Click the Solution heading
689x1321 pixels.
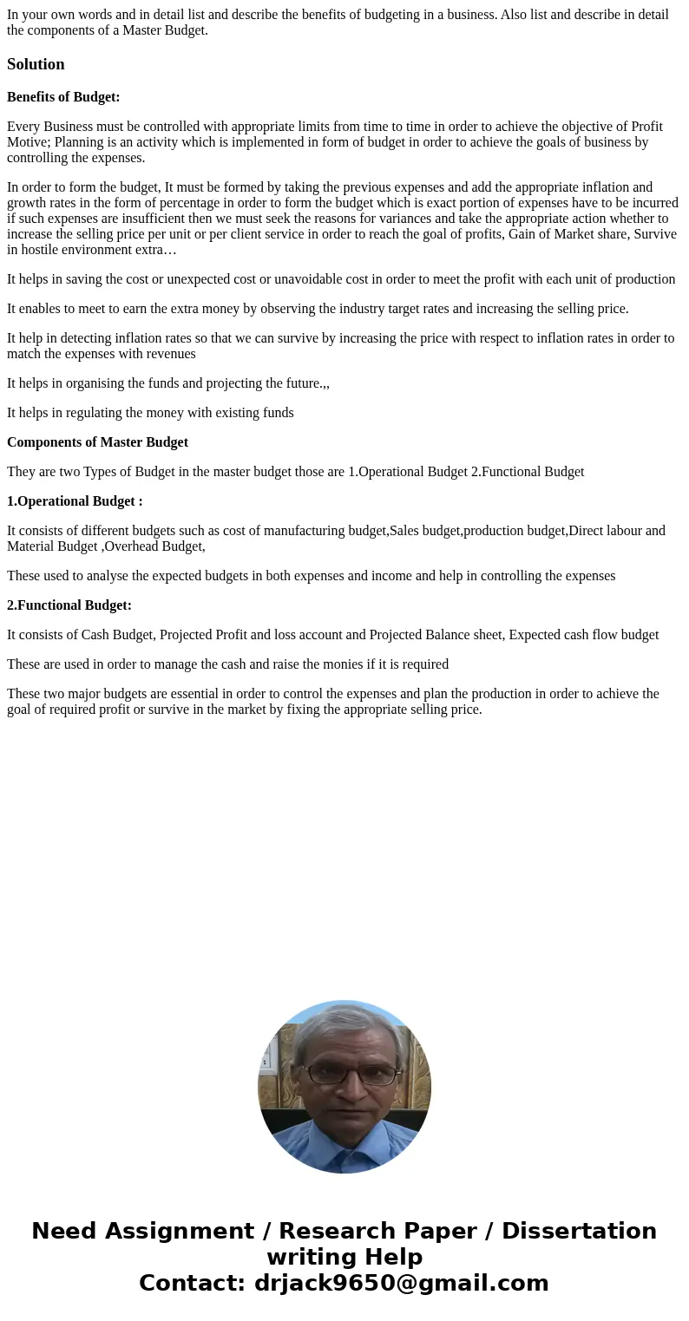click(36, 64)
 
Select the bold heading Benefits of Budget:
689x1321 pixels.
click(63, 97)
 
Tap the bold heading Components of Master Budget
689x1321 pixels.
click(97, 442)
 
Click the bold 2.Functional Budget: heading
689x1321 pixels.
click(69, 605)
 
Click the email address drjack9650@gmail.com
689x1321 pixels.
click(401, 1283)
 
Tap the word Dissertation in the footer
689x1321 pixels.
click(579, 1231)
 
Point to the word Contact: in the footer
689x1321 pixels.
click(192, 1283)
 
